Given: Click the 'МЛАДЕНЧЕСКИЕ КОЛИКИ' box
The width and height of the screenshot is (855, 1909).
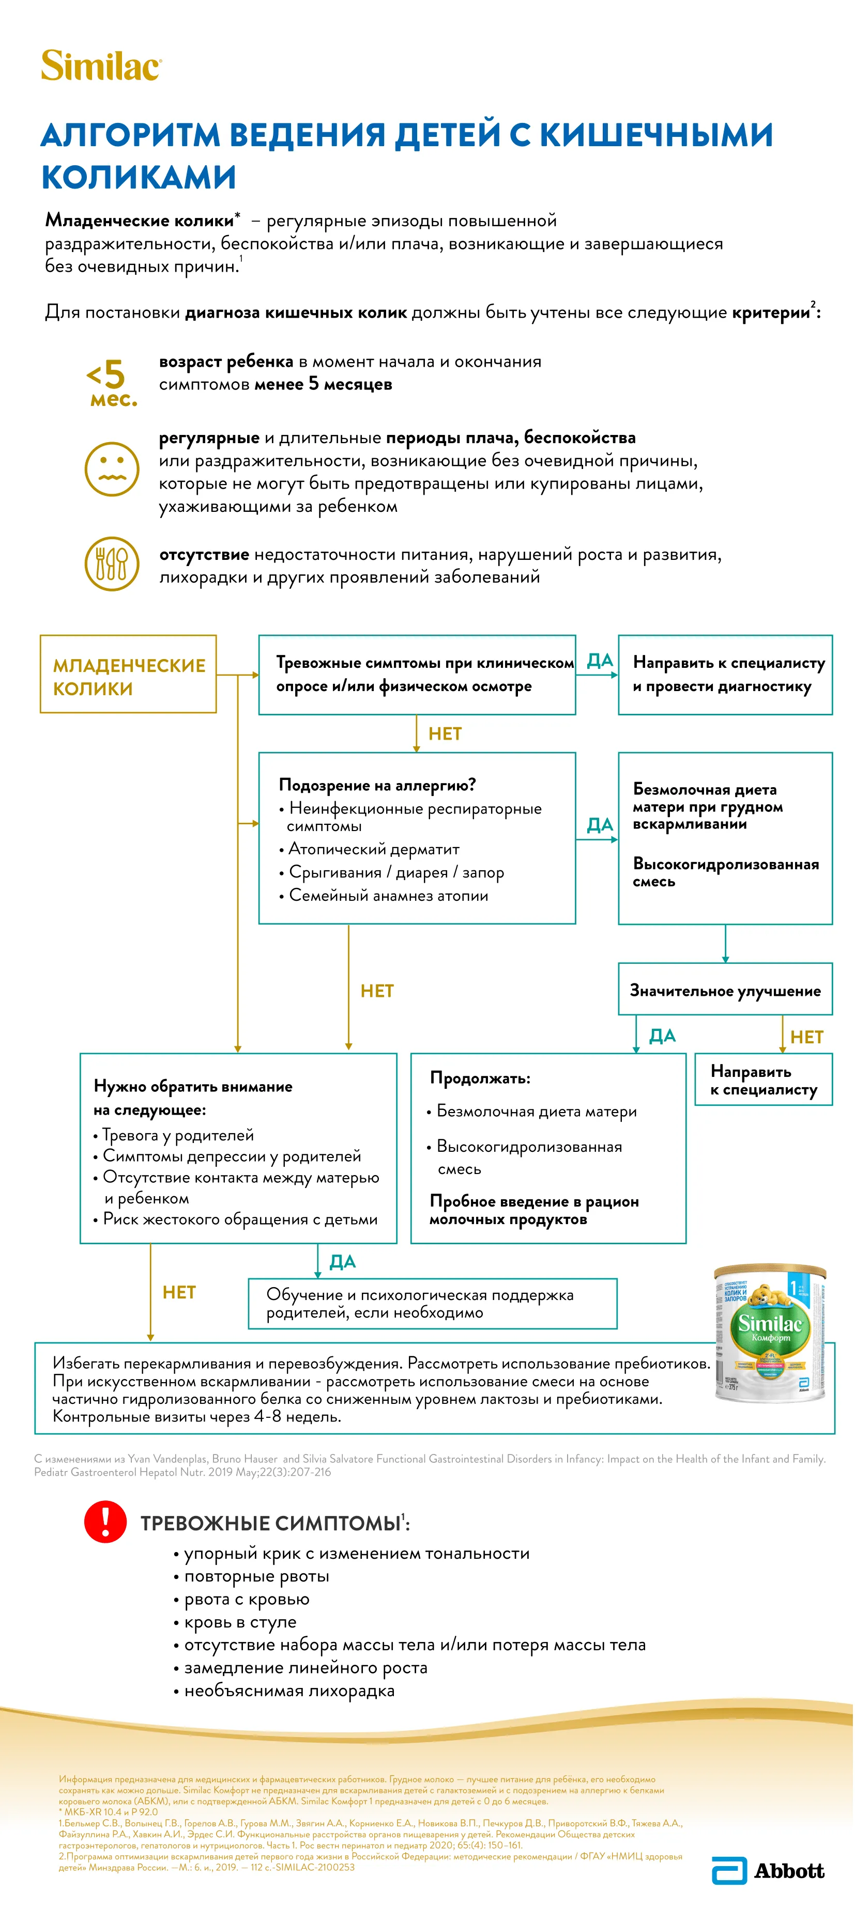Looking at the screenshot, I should [x=128, y=675].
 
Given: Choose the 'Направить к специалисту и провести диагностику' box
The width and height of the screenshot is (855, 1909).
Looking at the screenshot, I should [x=725, y=675].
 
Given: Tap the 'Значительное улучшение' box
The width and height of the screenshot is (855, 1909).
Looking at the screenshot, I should [x=725, y=990].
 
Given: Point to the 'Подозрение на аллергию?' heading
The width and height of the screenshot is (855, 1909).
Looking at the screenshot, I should [x=377, y=785].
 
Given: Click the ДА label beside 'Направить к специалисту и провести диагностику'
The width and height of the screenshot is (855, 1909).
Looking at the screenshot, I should [x=599, y=660].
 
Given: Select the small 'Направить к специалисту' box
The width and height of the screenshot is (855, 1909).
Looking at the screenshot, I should [x=763, y=1079].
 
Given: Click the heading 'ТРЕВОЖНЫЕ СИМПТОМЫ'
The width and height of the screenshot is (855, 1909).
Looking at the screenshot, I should [x=271, y=1523].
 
